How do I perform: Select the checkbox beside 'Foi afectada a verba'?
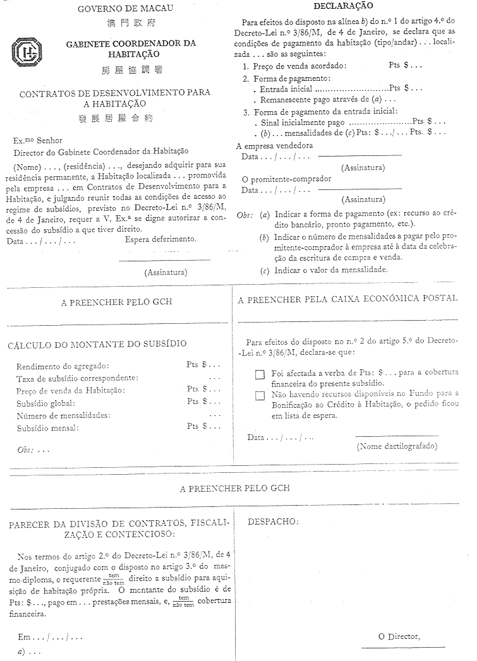click(260, 374)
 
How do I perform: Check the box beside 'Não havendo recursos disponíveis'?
click(260, 396)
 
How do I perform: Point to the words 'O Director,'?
click(399, 636)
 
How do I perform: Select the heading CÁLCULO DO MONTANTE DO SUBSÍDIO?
click(97, 344)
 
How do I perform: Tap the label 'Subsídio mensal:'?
click(48, 428)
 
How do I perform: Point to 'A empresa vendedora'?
click(274, 145)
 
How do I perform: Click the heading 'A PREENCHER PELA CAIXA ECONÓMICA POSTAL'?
click(348, 300)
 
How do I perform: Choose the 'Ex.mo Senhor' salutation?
click(38, 140)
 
